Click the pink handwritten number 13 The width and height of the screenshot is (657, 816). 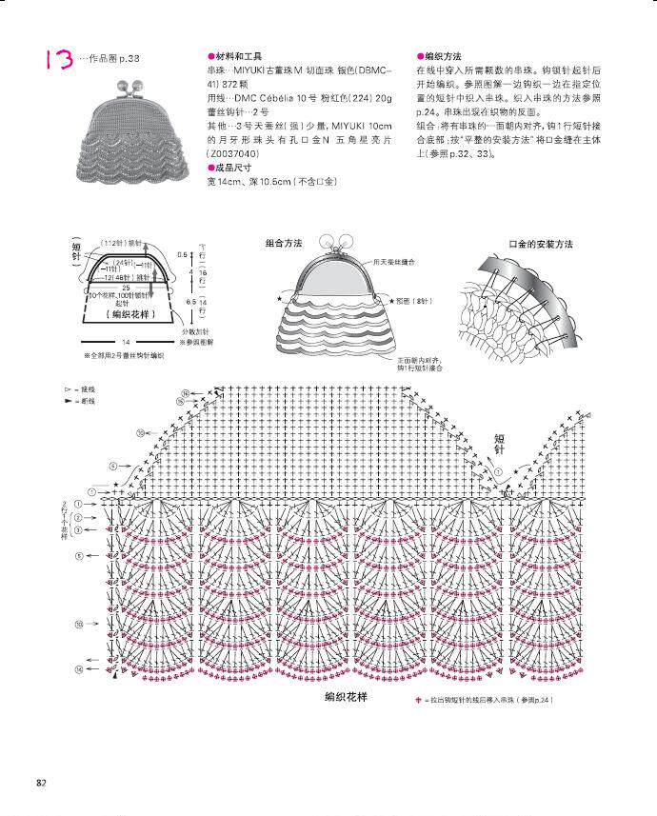pyautogui.click(x=56, y=60)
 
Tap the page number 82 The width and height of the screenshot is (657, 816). pyautogui.click(x=42, y=783)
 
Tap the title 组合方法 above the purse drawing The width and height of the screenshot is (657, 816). pyautogui.click(x=284, y=244)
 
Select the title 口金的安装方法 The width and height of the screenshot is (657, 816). pyautogui.click(x=541, y=244)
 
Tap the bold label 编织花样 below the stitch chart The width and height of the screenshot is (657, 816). pyautogui.click(x=345, y=698)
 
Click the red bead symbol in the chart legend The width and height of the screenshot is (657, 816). pyautogui.click(x=417, y=702)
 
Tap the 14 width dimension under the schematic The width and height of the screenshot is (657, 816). pyautogui.click(x=125, y=341)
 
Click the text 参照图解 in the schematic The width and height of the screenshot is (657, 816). pyautogui.click(x=200, y=341)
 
